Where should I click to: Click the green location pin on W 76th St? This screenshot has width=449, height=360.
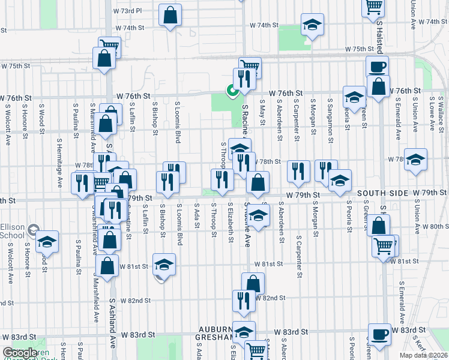click(231, 91)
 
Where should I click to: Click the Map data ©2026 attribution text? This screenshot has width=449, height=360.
click(424, 355)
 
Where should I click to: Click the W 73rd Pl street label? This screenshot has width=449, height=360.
click(128, 11)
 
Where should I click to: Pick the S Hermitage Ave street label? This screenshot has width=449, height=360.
click(59, 161)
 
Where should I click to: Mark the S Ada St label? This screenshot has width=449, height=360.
click(197, 218)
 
